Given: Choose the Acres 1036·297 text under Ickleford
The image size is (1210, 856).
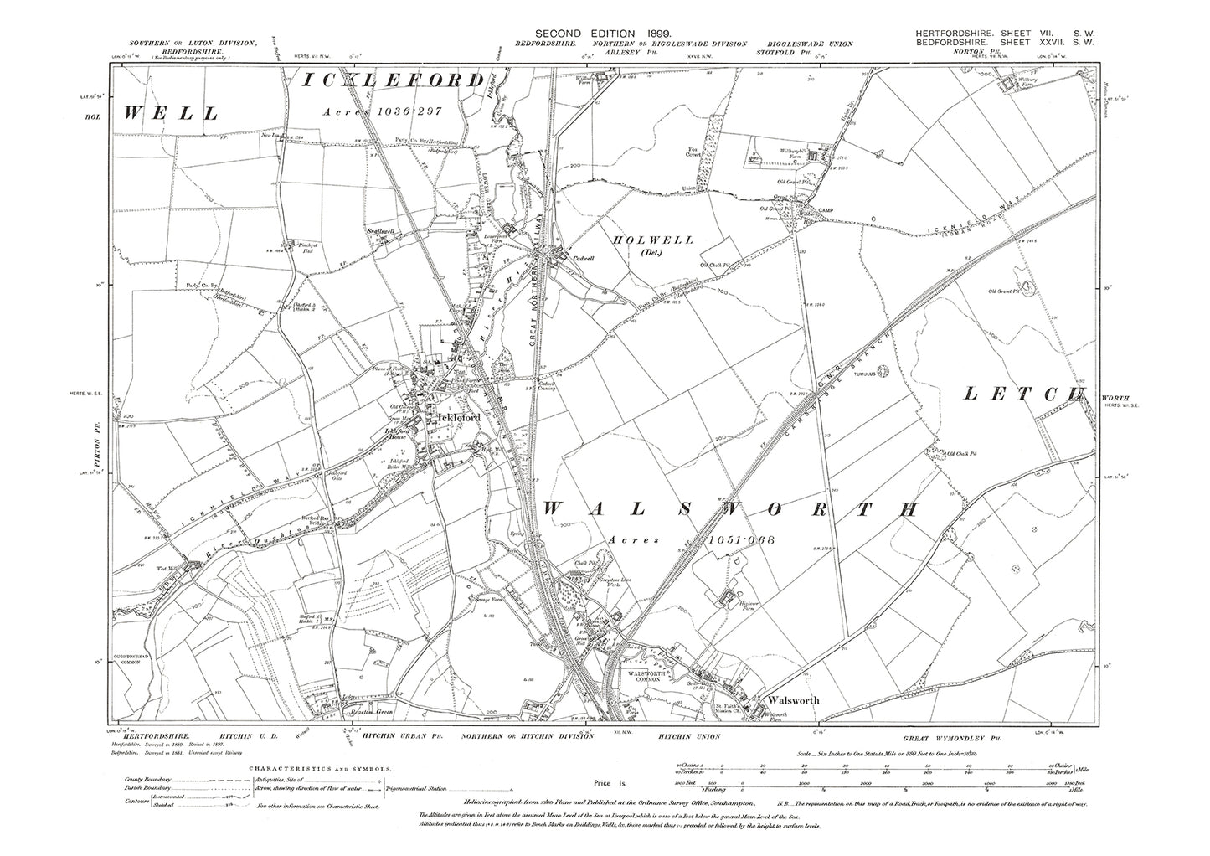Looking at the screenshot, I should coord(390,111).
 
